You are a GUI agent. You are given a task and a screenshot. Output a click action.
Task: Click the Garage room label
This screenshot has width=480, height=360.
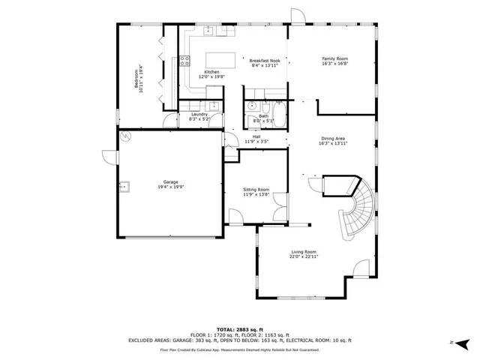pyautogui.click(x=170, y=181)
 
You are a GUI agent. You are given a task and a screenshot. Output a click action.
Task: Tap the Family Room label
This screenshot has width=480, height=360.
pyautogui.click(x=335, y=58)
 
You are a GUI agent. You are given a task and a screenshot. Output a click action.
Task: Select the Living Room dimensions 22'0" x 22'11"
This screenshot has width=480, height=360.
pyautogui.click(x=304, y=256)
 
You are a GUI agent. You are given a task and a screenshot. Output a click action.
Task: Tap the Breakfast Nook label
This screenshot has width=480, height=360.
pyautogui.click(x=265, y=61)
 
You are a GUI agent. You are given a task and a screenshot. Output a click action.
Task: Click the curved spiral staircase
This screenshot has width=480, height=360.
pyautogui.click(x=353, y=210)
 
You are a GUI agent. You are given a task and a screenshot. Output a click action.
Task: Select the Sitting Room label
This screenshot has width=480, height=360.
pyautogui.click(x=256, y=190)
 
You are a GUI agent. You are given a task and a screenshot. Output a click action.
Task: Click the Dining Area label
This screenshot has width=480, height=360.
pyautogui.click(x=334, y=138)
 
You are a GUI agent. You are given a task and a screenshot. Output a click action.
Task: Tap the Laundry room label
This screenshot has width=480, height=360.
pyautogui.click(x=188, y=114)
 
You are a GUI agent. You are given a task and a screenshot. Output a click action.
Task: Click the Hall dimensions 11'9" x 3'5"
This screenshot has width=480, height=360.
pyautogui.click(x=256, y=142)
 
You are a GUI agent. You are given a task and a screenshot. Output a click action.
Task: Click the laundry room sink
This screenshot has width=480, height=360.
pyautogui.click(x=213, y=106)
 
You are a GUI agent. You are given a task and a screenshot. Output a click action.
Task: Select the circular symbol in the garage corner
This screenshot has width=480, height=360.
pyautogui.click(x=126, y=136)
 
